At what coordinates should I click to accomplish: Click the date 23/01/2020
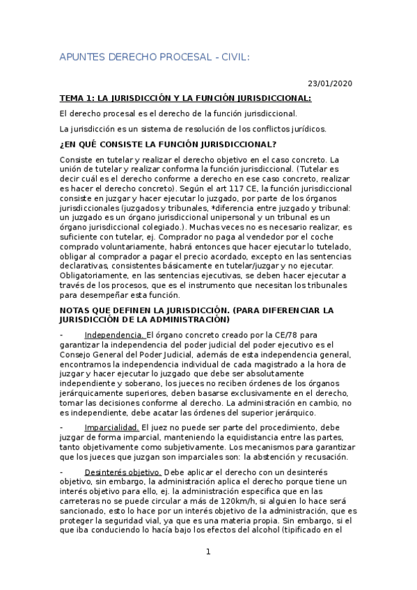point(330,83)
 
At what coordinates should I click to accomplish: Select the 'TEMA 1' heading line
point(185,98)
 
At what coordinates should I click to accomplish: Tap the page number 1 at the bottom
point(207,552)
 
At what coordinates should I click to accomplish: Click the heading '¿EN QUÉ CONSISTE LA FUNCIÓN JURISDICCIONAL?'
point(168,144)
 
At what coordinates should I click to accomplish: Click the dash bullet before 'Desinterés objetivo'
point(62,471)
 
